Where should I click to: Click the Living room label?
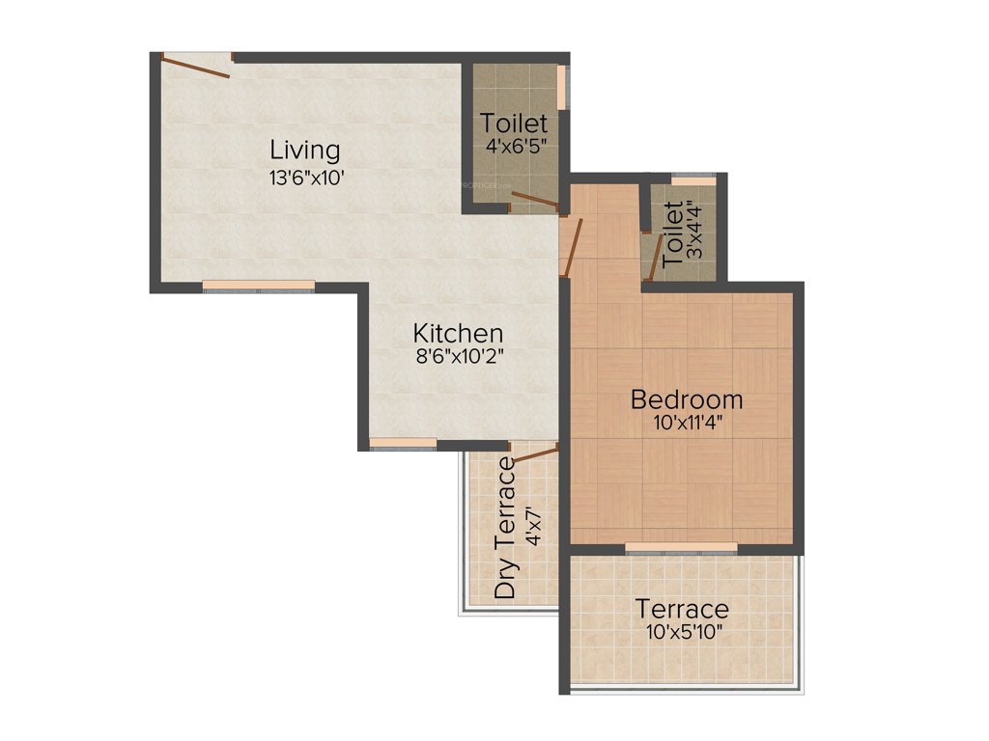304,151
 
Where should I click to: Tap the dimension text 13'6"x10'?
306,178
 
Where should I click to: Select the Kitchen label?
458,333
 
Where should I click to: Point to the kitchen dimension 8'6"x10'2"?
458,355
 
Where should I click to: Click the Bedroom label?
687,398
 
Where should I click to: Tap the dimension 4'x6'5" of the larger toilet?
515,147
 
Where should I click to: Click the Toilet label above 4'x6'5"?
515,123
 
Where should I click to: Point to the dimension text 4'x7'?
533,528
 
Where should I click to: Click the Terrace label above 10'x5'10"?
681,610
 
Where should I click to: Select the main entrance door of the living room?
196,65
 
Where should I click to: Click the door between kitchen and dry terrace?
535,454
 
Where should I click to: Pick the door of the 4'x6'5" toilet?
534,200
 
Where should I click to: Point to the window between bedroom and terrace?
681,548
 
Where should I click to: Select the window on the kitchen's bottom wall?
403,443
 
